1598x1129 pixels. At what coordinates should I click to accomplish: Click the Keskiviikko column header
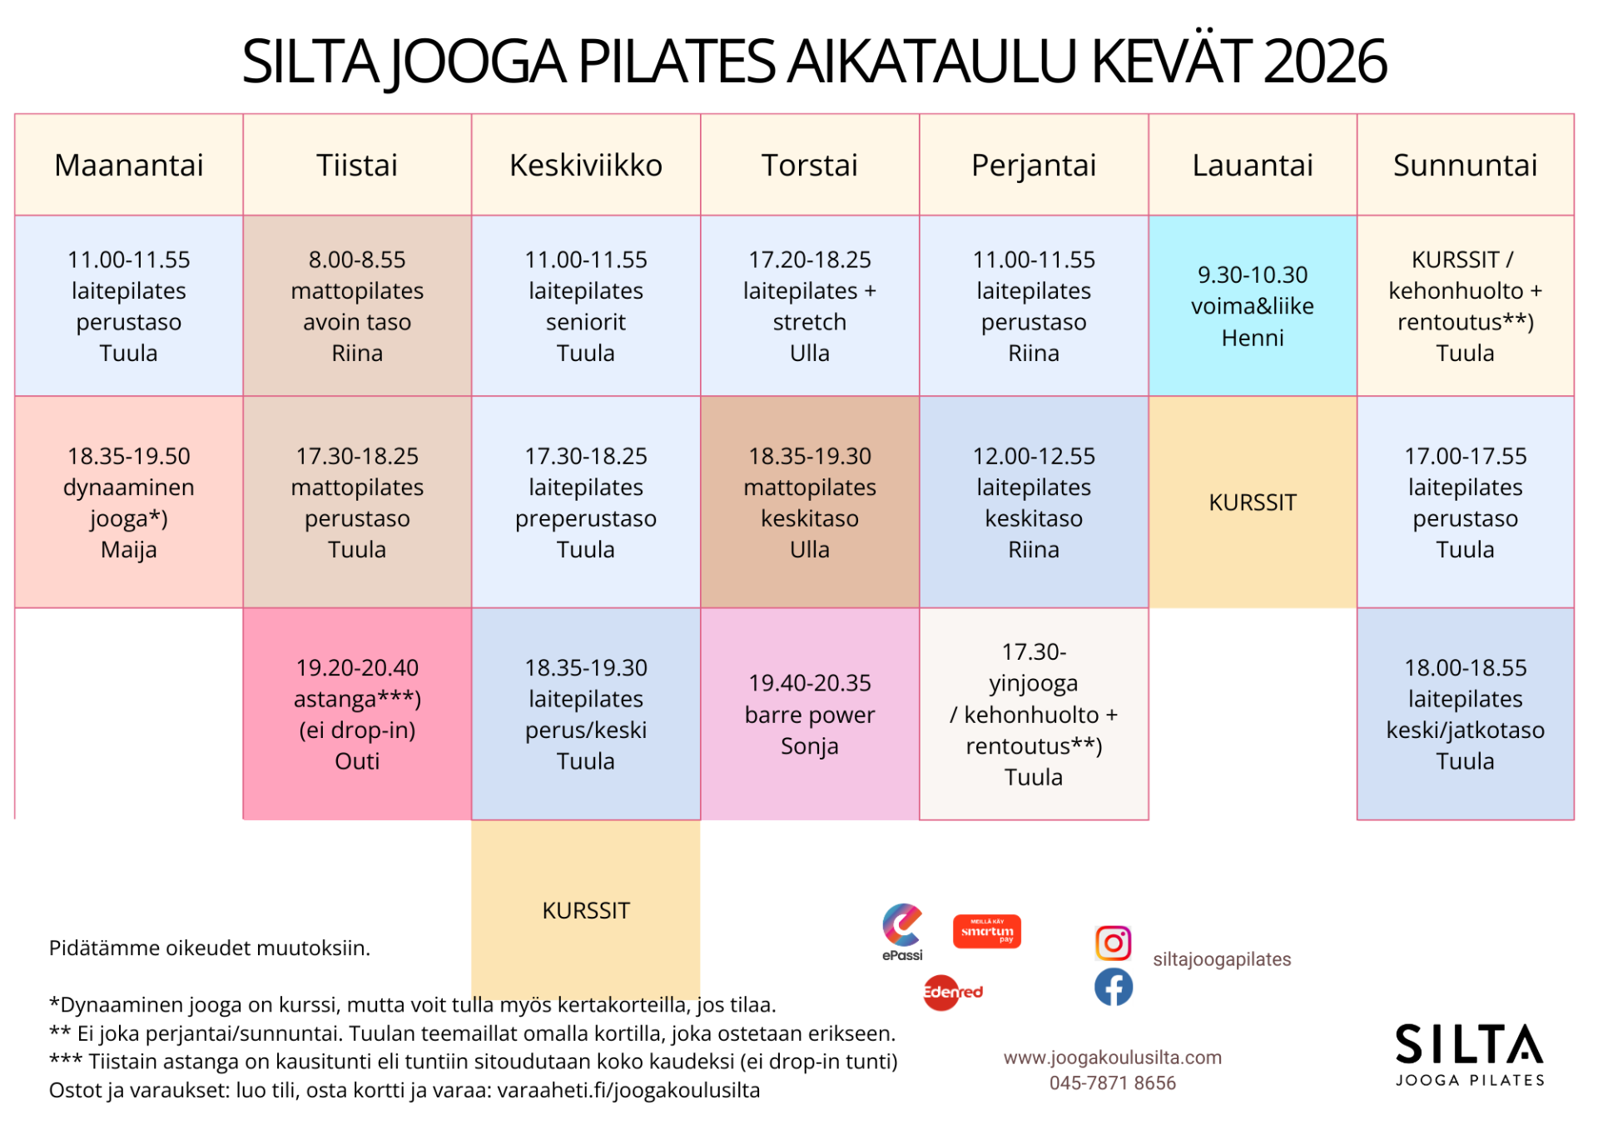click(586, 165)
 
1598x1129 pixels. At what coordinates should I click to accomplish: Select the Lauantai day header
click(1253, 165)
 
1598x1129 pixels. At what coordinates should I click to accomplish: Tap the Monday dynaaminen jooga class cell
click(129, 502)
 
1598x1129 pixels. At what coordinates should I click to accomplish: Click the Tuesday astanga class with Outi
click(357, 714)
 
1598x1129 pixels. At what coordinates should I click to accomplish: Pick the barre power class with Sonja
click(810, 714)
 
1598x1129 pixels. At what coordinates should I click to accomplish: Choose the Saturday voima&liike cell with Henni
click(1253, 305)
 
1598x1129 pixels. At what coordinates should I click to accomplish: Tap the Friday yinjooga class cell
click(1034, 714)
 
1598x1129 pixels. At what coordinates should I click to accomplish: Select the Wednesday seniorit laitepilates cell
click(586, 305)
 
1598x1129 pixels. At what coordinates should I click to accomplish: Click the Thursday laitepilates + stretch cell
click(810, 305)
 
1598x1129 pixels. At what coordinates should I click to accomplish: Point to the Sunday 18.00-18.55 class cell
click(1465, 714)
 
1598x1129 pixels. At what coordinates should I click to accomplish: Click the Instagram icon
click(1113, 943)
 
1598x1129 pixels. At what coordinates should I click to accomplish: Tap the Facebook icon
click(1113, 987)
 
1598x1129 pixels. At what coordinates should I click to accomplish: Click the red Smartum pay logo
click(986, 932)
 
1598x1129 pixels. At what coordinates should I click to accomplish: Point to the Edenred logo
click(953, 993)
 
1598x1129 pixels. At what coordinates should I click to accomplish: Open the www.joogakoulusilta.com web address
click(1112, 1057)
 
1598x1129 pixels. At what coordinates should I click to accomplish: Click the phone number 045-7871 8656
click(1112, 1082)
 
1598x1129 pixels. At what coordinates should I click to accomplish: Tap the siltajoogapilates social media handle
click(1221, 959)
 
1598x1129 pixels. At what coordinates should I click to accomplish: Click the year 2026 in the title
click(1324, 62)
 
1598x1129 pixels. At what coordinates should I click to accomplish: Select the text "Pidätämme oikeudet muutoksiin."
click(210, 948)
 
